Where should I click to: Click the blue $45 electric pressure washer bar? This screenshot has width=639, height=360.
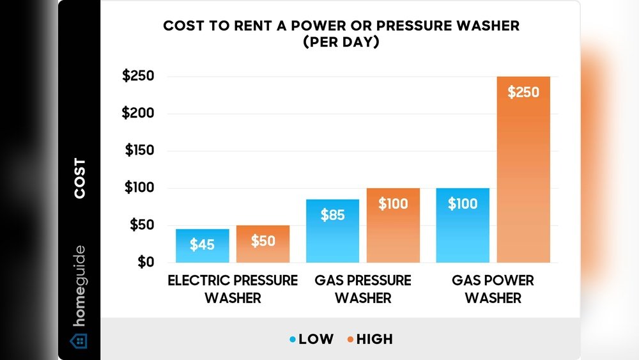click(x=202, y=246)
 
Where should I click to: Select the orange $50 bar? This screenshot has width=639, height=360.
click(x=263, y=244)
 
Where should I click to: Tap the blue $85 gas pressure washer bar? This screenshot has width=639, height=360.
click(x=332, y=231)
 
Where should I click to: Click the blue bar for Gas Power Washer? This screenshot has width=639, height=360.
click(x=463, y=225)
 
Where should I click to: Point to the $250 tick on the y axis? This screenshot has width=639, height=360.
click(x=138, y=76)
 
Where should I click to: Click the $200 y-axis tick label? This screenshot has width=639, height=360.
click(x=138, y=113)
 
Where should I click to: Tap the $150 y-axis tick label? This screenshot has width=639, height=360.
click(x=138, y=151)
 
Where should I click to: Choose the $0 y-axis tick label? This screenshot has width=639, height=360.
click(x=145, y=262)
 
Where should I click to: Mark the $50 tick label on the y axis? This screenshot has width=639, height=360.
click(x=141, y=225)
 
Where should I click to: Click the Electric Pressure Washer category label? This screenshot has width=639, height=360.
click(x=233, y=289)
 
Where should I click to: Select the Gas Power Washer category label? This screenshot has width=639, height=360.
click(x=493, y=289)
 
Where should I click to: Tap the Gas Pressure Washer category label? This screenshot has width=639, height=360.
click(x=363, y=289)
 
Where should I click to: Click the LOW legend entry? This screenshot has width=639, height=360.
click(x=311, y=339)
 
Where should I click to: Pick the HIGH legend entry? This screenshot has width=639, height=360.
click(x=369, y=339)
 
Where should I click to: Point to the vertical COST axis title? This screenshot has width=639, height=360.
click(x=80, y=178)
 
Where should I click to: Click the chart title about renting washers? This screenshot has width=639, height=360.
click(x=341, y=35)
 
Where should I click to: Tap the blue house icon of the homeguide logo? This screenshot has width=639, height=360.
click(x=79, y=340)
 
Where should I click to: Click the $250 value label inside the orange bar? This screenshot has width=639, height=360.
click(x=523, y=92)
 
